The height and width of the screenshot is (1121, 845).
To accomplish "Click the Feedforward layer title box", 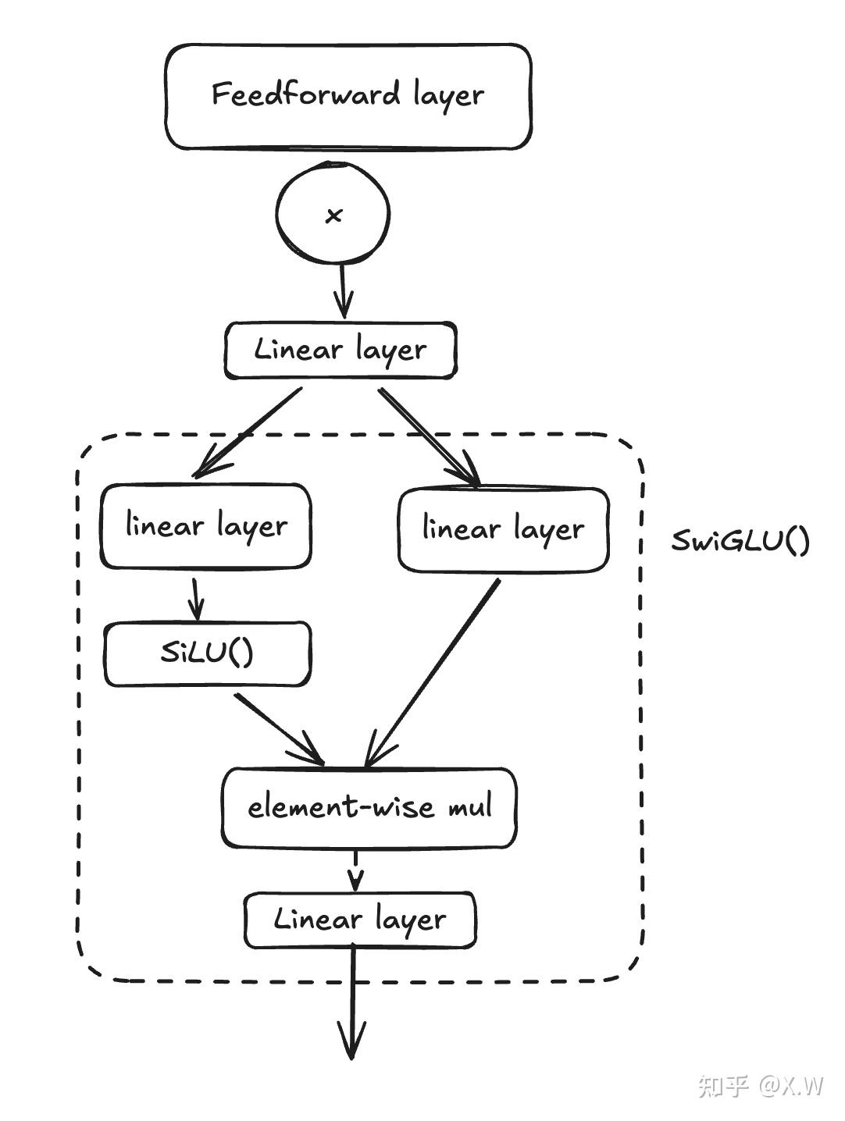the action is [348, 96].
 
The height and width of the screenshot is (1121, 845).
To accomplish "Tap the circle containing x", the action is [333, 213].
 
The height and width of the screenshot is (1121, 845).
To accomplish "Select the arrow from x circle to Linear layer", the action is [344, 290].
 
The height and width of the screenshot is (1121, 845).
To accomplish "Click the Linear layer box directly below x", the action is [340, 351].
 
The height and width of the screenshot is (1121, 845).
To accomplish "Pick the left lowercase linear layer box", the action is [205, 526].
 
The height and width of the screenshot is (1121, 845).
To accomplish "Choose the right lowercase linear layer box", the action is [503, 529].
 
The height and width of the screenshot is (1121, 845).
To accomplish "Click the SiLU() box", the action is [208, 653].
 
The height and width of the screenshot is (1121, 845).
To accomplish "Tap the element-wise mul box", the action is [369, 808].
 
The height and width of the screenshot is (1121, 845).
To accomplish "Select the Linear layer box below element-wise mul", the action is [360, 920].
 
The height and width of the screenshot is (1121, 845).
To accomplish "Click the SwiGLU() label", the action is [740, 540].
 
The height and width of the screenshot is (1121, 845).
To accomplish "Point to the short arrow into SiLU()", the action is [195, 599].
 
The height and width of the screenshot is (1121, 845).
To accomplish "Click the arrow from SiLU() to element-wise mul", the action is [280, 729].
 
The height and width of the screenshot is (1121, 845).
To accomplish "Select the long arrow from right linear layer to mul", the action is [432, 673].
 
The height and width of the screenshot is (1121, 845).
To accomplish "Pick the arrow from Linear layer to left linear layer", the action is [247, 433].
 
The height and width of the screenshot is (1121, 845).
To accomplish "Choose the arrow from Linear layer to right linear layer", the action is [430, 437].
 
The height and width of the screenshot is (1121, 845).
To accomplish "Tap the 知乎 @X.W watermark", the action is [760, 1085].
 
